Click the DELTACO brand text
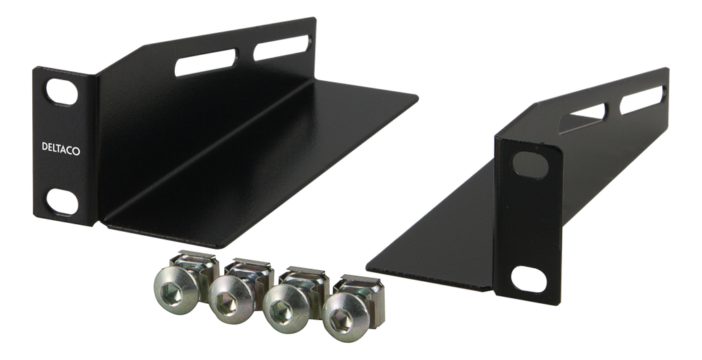(x=61, y=148)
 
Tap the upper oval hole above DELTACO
(x=62, y=93)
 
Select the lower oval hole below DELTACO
(x=62, y=202)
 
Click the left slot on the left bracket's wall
(x=206, y=62)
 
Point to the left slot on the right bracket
(x=582, y=118)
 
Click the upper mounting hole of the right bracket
(x=531, y=165)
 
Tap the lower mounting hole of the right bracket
(x=529, y=279)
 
